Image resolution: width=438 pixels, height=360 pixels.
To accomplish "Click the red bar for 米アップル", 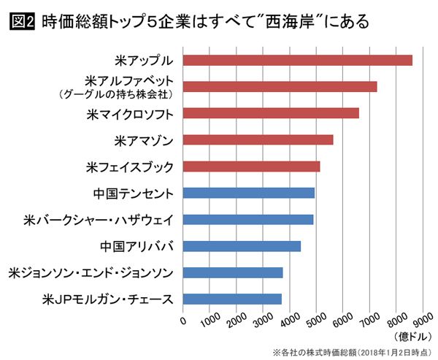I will pos(297,61).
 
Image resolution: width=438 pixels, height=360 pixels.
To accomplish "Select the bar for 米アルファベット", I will pos(280,87).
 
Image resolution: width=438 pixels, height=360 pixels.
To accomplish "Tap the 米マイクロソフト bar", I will pos(270,113).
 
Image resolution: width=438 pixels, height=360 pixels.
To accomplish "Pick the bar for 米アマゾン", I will pos(258,139).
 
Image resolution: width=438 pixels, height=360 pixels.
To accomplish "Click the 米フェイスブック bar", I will pos(251,166).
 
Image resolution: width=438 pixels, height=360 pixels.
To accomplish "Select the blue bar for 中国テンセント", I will pos(248,193).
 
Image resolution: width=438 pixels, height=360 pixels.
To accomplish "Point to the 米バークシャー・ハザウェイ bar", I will pos(247,219).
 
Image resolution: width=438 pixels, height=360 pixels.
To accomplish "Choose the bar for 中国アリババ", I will pos(242,246).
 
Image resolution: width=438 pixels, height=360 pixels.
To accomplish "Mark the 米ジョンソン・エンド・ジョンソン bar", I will pos(232,272).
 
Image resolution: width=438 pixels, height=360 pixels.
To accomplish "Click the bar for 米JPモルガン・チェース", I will pos(231,299).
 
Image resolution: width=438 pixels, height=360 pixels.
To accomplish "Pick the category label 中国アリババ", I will pos(137,246).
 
